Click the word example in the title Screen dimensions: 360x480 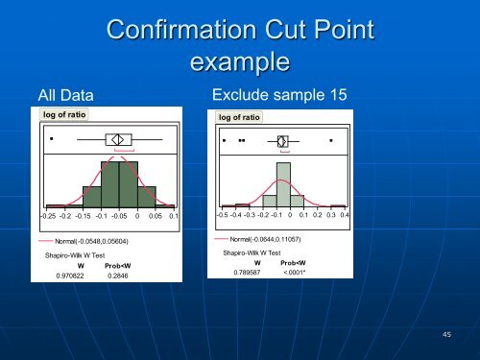(240, 63)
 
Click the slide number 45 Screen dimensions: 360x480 (446, 333)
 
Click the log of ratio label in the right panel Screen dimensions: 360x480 (240, 117)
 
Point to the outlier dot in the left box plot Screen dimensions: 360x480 (50, 138)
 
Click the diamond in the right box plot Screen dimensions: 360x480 (282, 141)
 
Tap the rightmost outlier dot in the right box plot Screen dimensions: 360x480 (331, 141)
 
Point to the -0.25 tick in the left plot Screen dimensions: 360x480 (47, 216)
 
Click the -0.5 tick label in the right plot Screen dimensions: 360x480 (222, 216)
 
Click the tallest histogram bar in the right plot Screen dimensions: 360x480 (283, 185)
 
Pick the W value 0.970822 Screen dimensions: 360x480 (69, 275)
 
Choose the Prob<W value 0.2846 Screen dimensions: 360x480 (118, 275)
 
